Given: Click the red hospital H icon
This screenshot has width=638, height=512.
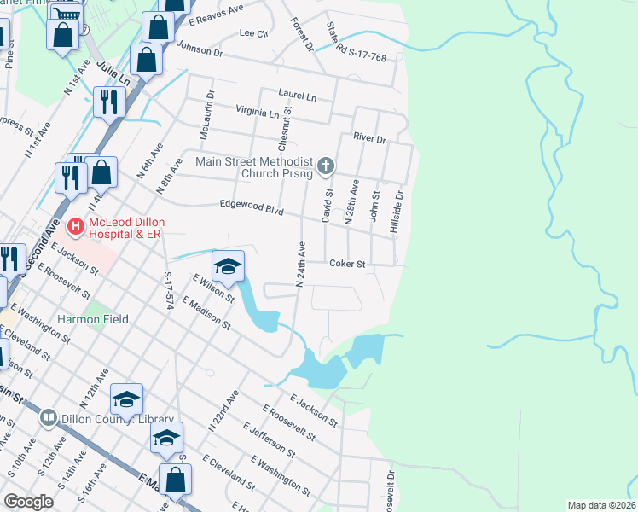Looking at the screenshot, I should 75,226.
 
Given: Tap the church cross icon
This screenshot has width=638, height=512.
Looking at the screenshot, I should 324,166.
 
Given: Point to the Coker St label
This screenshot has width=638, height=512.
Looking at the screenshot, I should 347,264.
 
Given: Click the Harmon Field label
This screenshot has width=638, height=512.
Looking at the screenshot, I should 93,319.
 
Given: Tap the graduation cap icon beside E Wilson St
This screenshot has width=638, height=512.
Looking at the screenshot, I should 228,267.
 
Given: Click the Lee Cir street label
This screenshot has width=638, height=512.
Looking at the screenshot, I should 254,33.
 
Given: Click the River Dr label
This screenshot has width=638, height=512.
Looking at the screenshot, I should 369,137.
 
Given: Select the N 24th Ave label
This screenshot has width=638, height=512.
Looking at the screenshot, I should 301,265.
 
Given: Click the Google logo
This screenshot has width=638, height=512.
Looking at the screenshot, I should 29,502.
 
